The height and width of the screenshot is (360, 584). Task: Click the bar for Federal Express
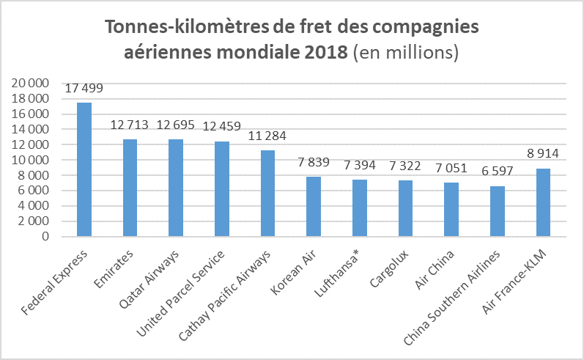coord(84,169)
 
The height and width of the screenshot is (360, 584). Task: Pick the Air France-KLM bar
coord(543,202)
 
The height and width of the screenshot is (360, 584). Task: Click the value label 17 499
coord(84,89)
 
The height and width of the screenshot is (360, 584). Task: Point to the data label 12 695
coord(176,125)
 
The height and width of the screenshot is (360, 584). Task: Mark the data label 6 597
coord(498,172)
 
